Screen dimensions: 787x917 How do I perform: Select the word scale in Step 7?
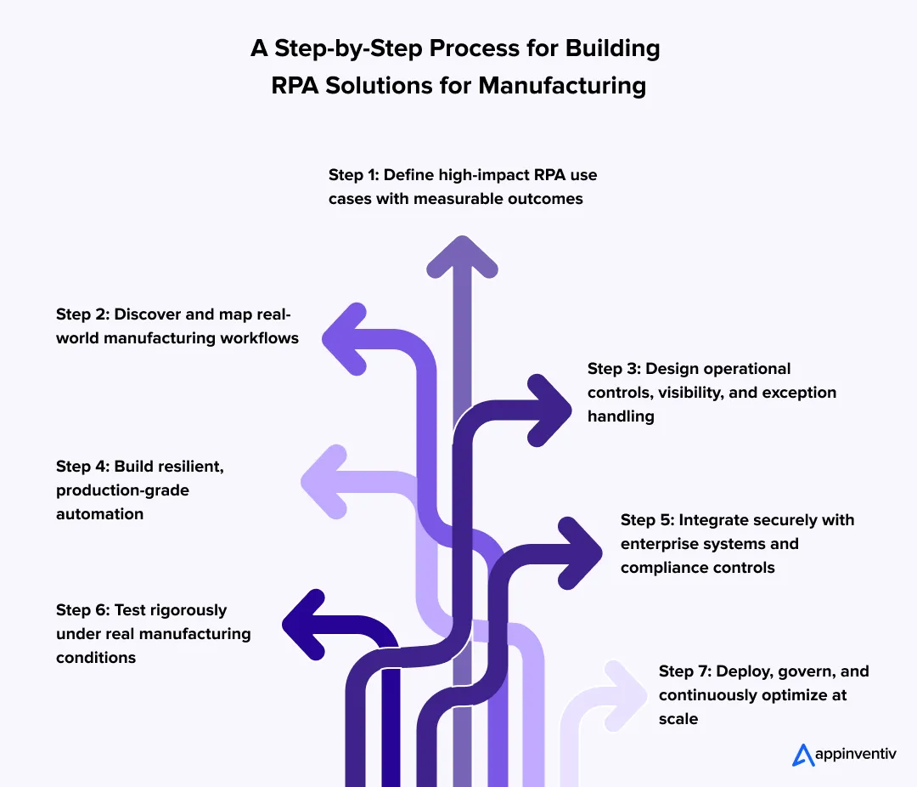[x=678, y=719]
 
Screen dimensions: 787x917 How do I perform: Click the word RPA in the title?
[x=296, y=86]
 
